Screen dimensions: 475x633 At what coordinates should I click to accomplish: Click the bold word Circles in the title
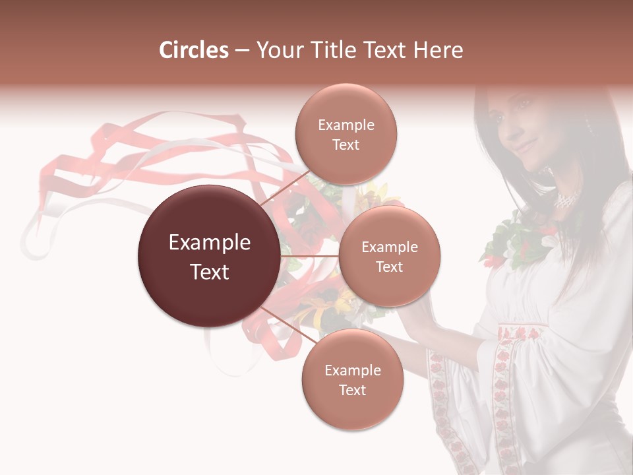pyautogui.click(x=193, y=50)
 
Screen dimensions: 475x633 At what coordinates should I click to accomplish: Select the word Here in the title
pyautogui.click(x=438, y=50)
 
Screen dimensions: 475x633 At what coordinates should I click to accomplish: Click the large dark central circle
pyautogui.click(x=209, y=257)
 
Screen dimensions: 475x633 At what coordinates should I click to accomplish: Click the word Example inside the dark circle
pyautogui.click(x=209, y=243)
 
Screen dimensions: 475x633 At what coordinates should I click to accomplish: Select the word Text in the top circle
pyautogui.click(x=346, y=144)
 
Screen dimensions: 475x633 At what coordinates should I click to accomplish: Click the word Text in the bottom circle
pyautogui.click(x=352, y=390)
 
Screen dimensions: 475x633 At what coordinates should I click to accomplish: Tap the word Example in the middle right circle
pyautogui.click(x=390, y=247)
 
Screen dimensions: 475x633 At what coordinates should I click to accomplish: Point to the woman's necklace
pyautogui.click(x=566, y=199)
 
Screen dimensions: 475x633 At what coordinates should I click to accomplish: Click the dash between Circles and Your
pyautogui.click(x=241, y=51)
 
